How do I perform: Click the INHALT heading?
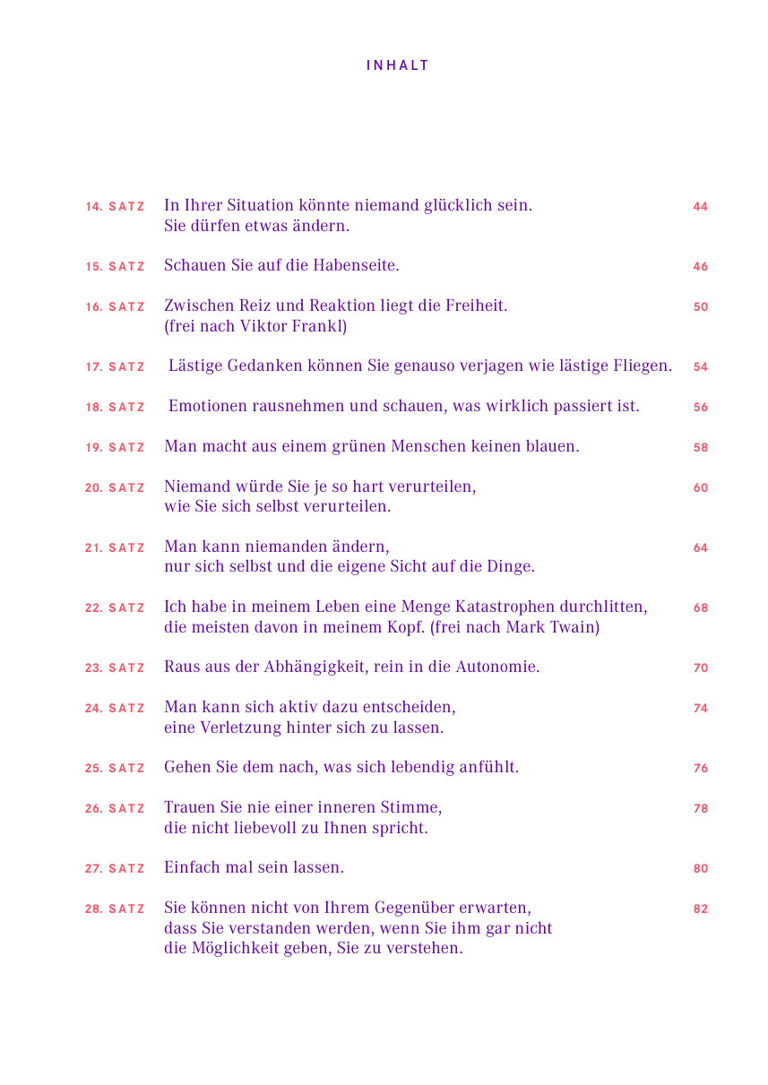point(398,65)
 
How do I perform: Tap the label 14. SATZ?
point(115,207)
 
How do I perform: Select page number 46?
point(700,267)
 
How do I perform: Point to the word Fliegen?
point(640,366)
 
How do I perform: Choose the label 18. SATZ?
point(115,408)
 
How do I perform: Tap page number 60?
point(700,488)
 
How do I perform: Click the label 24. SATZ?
point(115,709)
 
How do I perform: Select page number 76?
point(700,769)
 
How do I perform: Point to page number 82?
point(700,909)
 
